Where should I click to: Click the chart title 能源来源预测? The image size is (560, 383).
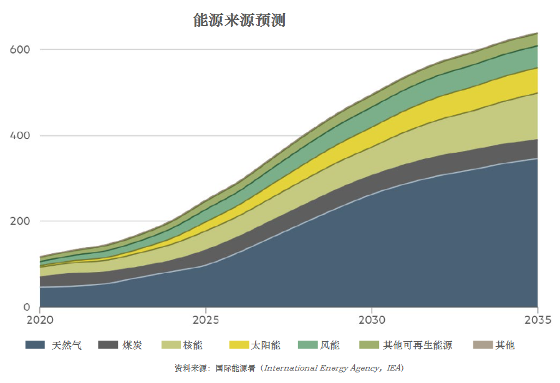239,21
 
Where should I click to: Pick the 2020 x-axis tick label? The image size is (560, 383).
40,320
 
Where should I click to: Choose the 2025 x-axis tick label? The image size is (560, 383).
206,320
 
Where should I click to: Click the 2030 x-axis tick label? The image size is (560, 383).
372,320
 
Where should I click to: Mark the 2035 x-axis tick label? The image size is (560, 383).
537,320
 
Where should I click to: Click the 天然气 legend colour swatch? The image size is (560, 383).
35,345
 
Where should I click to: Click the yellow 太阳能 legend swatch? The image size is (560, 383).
239,345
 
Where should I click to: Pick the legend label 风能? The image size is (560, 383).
330,345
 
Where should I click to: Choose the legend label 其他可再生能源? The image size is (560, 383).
417,345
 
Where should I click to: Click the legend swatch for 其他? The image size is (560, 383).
483,345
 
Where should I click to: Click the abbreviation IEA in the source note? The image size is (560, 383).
395,368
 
